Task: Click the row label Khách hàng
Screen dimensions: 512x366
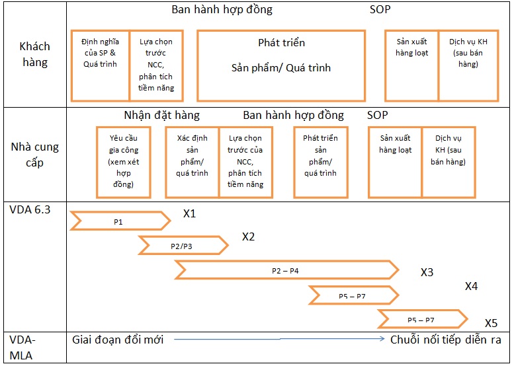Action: pyautogui.click(x=34, y=54)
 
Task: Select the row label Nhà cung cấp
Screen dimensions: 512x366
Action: pyautogui.click(x=34, y=155)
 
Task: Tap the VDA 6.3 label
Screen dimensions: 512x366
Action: pyautogui.click(x=30, y=209)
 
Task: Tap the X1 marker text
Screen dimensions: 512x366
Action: pyautogui.click(x=189, y=213)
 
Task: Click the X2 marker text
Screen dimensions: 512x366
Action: pyautogui.click(x=248, y=237)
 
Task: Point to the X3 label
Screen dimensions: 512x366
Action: pyautogui.click(x=427, y=272)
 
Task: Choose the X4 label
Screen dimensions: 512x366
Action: pyautogui.click(x=471, y=286)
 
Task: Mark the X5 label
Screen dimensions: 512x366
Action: pyautogui.click(x=491, y=323)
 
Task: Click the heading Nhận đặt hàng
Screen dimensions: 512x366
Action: pyautogui.click(x=161, y=115)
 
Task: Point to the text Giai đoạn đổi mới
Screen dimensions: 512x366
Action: pyautogui.click(x=118, y=340)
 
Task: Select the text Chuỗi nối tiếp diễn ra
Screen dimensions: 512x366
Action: pyautogui.click(x=445, y=340)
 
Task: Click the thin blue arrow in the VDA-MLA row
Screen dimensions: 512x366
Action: pyautogui.click(x=279, y=339)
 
